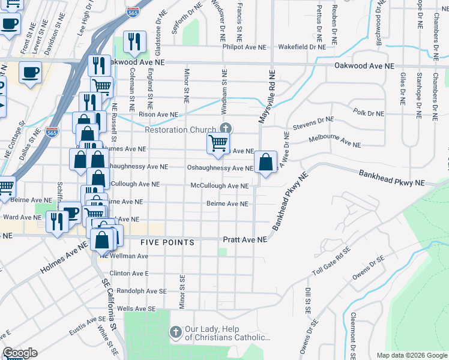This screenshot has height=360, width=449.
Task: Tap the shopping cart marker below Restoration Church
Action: tap(218, 143)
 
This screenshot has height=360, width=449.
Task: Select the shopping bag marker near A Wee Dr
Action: tap(265, 162)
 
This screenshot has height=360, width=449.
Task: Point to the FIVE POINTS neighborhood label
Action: tap(167, 242)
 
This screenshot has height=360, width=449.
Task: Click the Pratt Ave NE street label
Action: tap(244, 239)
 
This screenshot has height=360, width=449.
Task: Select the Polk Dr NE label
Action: tap(369, 113)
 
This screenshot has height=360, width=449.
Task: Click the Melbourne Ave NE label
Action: tap(334, 141)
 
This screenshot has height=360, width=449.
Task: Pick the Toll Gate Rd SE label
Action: tap(331, 267)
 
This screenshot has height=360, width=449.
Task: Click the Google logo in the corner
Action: tap(20, 353)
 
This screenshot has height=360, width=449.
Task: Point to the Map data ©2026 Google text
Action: tap(412, 355)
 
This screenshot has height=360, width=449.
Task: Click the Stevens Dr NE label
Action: tap(313, 124)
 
